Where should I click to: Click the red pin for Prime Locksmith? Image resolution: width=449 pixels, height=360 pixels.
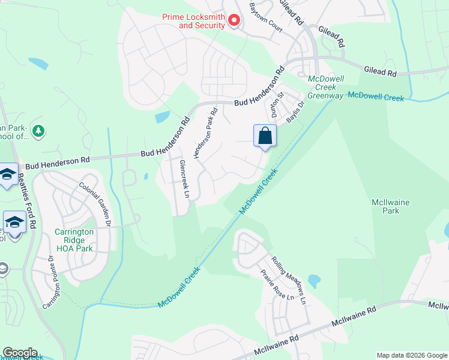(x=234, y=21)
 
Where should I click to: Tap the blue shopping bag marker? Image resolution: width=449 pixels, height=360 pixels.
(x=265, y=136)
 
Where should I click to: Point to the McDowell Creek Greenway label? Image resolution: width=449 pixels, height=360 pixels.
(x=325, y=87)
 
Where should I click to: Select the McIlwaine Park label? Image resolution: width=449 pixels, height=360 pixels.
(x=390, y=206)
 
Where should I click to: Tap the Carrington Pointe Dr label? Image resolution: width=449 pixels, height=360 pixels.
(x=51, y=283)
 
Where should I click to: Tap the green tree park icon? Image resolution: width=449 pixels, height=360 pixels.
(x=38, y=130)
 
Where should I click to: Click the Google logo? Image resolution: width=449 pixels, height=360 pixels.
(x=20, y=353)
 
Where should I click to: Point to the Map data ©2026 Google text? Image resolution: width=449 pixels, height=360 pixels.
(x=412, y=355)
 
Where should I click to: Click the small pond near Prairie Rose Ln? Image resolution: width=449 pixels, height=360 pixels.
(x=313, y=281)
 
